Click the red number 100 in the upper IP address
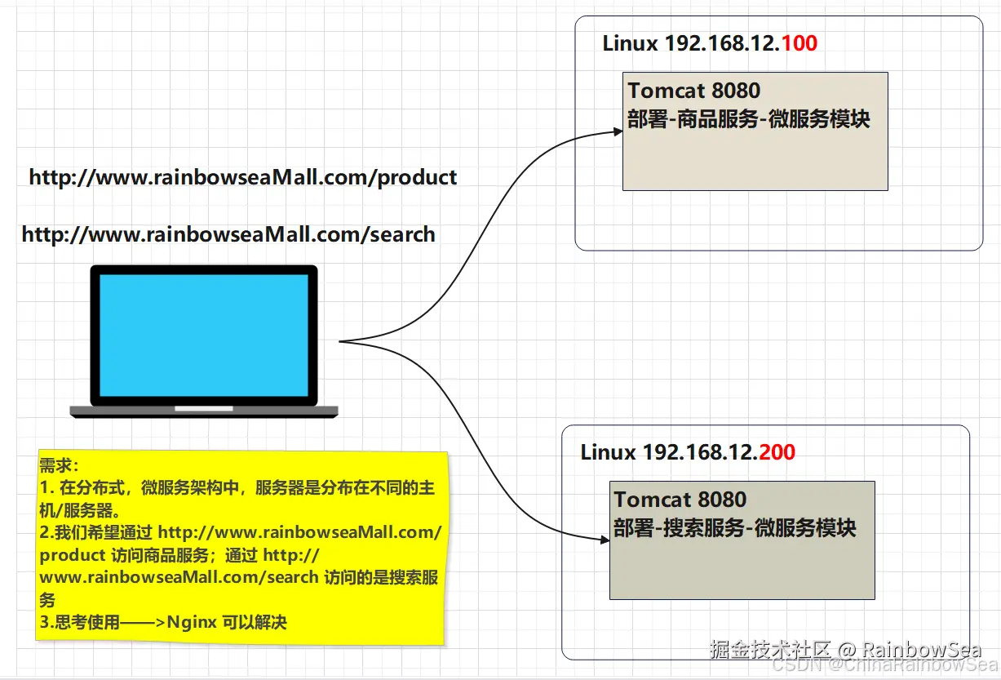coord(799,43)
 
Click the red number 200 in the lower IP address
coord(777,451)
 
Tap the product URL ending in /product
coord(243,177)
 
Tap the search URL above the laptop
coord(228,235)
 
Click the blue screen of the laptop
coord(204,335)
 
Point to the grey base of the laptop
coord(204,411)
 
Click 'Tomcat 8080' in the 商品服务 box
coord(693,90)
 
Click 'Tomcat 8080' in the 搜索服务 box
coord(680,499)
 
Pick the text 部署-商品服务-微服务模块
coord(749,119)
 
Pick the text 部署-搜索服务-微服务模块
coord(735,528)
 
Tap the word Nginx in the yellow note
coord(192,623)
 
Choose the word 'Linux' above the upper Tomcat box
coord(631,43)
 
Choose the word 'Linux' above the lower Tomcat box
coord(609,451)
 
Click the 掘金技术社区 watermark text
coord(769,650)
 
